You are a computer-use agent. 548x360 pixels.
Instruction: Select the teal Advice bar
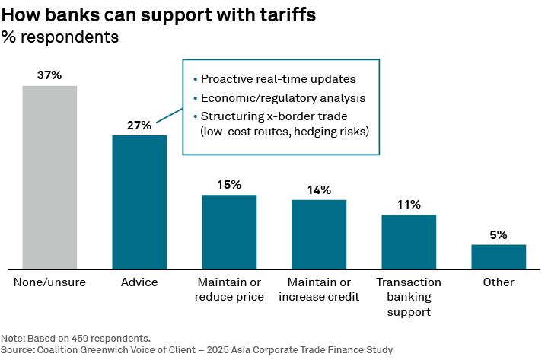tap(139, 202)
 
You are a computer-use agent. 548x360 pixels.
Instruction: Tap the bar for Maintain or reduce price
tap(229, 231)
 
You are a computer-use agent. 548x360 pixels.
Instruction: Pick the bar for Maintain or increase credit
tap(319, 234)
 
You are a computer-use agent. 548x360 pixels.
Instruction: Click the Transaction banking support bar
tap(409, 241)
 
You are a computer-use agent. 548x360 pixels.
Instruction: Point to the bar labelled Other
tap(499, 256)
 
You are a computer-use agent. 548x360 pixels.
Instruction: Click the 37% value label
tap(49, 75)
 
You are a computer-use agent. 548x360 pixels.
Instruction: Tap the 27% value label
tap(139, 126)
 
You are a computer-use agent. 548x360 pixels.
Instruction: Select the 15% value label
tap(229, 185)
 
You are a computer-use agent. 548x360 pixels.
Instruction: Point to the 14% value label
tap(319, 190)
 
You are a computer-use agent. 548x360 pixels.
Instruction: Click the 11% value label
tap(409, 205)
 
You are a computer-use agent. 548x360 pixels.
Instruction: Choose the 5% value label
tap(499, 235)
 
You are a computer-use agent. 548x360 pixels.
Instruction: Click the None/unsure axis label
tap(49, 282)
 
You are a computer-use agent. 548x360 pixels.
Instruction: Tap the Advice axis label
tap(139, 282)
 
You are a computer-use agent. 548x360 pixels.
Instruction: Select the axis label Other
tap(499, 282)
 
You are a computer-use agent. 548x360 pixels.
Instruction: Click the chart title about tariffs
tap(158, 15)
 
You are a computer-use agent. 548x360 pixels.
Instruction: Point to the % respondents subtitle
tap(60, 37)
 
